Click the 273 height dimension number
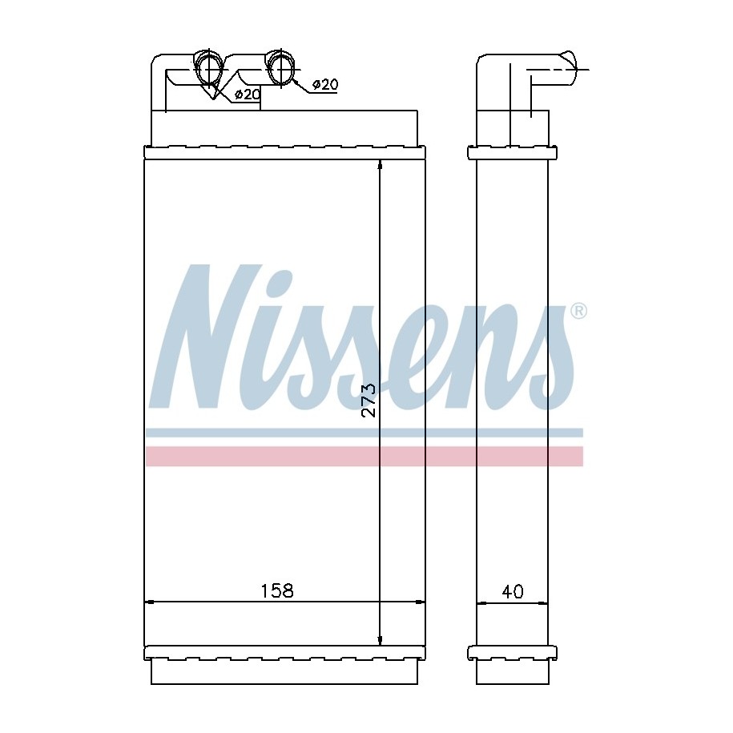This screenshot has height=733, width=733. tap(369, 401)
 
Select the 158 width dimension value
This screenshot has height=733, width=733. tap(276, 591)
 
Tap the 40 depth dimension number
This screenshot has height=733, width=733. tap(513, 592)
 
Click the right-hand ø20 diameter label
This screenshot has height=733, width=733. tap(325, 85)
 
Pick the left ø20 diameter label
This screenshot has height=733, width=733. tap(247, 94)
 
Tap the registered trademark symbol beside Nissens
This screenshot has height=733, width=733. tap(578, 311)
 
